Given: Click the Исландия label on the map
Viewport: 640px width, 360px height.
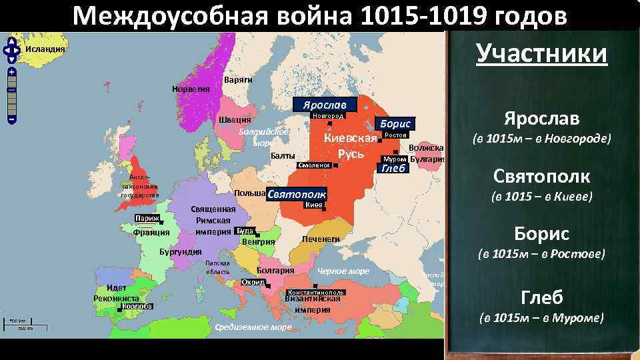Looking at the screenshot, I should point(45,49).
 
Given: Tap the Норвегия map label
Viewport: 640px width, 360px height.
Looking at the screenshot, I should point(191,89).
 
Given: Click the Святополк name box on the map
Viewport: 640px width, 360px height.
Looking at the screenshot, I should point(297,194).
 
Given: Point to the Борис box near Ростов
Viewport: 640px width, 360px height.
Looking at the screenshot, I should point(395,123).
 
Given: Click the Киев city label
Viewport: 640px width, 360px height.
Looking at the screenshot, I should point(314,205).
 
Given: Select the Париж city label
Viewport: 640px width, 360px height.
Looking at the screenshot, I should point(146,219).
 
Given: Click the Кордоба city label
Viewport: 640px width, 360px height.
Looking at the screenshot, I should point(138,307).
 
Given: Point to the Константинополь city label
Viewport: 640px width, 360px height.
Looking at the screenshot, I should point(316,293).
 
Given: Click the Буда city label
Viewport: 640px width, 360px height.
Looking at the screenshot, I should point(245,231).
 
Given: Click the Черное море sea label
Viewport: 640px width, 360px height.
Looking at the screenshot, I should point(343,271).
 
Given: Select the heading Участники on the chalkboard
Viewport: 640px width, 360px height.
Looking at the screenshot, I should point(541,54).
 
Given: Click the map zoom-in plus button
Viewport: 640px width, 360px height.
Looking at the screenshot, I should point(11,71).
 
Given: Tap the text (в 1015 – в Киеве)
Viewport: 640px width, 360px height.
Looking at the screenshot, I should point(541,197).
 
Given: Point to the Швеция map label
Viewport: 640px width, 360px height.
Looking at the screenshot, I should point(235,120).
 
